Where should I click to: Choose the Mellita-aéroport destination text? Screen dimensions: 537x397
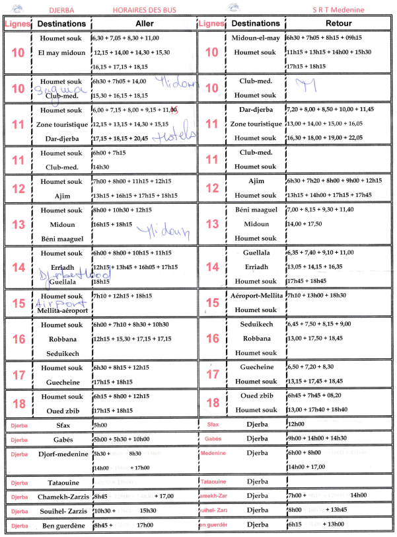(x=61, y=310)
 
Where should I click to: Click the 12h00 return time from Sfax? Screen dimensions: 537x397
(x=296, y=425)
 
